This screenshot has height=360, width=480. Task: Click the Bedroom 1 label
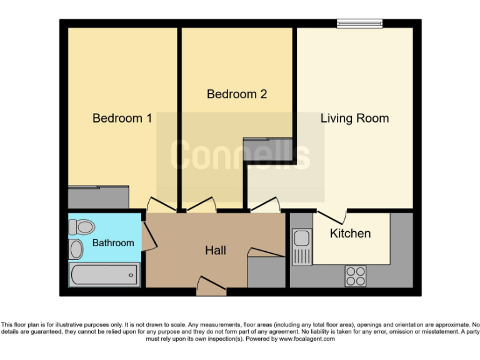122,118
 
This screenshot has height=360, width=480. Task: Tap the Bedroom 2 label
237,94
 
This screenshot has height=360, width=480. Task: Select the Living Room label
354,118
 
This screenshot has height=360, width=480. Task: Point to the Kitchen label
350,233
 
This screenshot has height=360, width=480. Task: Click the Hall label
216,251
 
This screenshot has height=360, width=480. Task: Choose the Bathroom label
113,242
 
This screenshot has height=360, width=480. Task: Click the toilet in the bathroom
81,226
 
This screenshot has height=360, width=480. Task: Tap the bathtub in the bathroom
104,274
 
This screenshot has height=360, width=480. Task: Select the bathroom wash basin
76,249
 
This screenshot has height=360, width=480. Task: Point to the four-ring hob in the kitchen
356,276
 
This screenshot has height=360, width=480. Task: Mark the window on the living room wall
359,24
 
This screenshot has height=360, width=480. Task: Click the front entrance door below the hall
211,286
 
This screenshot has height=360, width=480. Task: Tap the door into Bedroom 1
157,206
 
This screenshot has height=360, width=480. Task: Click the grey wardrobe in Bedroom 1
98,197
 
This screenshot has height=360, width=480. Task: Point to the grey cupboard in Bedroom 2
267,149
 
